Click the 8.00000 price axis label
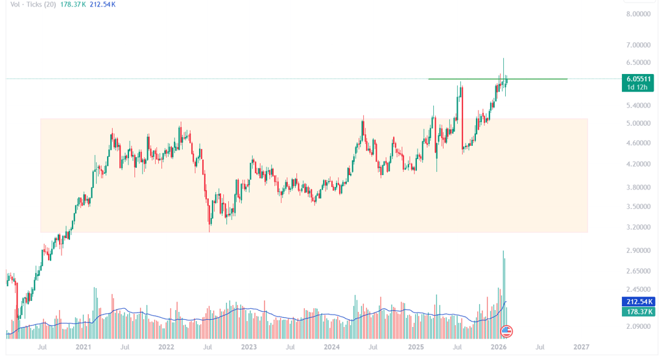pyautogui.click(x=637, y=14)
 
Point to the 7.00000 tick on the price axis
pyautogui.click(x=637, y=45)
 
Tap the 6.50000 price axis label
pyautogui.click(x=637, y=62)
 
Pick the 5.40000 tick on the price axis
pyautogui.click(x=637, y=105)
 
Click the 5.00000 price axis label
pyautogui.click(x=637, y=123)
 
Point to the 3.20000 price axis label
pyautogui.click(x=637, y=228)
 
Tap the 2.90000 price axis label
pyautogui.click(x=637, y=250)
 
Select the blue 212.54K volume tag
pyautogui.click(x=639, y=302)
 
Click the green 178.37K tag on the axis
pyautogui.click(x=639, y=311)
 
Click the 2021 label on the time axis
pyautogui.click(x=83, y=347)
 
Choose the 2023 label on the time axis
pyautogui.click(x=248, y=347)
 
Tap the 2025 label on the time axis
pyautogui.click(x=415, y=347)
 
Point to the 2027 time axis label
pyautogui.click(x=582, y=347)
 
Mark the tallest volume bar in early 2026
pyautogui.click(x=503, y=292)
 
